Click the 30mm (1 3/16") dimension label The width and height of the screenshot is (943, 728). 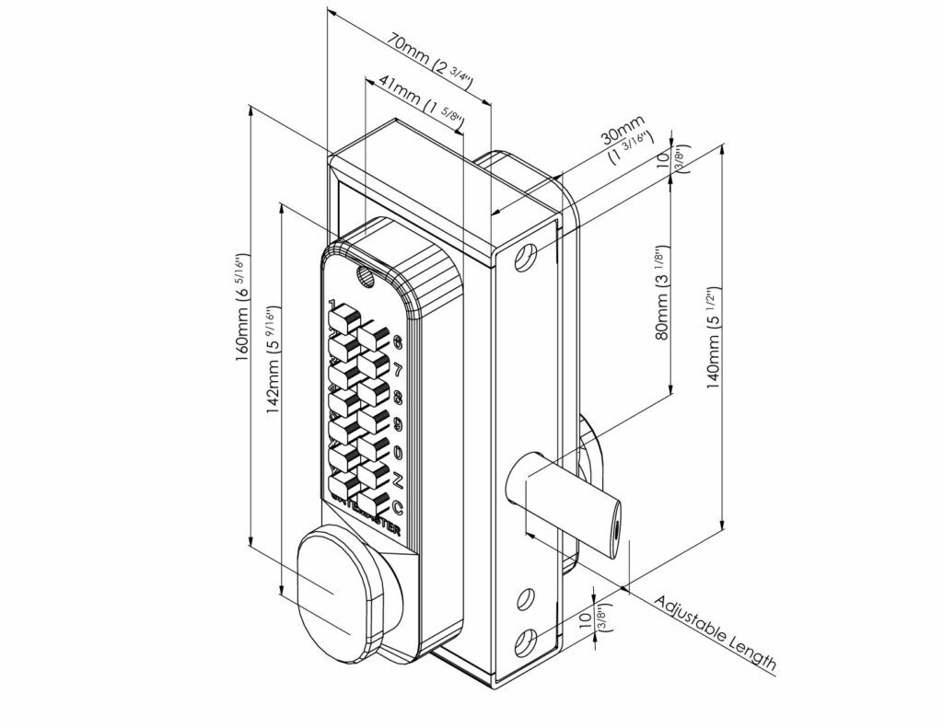623,142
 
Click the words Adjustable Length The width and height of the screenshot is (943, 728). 716,636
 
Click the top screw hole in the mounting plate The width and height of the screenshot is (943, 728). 528,257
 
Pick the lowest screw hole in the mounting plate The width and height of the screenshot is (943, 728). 526,641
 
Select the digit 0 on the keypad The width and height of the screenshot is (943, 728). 398,452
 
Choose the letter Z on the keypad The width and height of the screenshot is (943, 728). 398,480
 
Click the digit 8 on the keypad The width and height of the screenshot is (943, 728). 398,398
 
